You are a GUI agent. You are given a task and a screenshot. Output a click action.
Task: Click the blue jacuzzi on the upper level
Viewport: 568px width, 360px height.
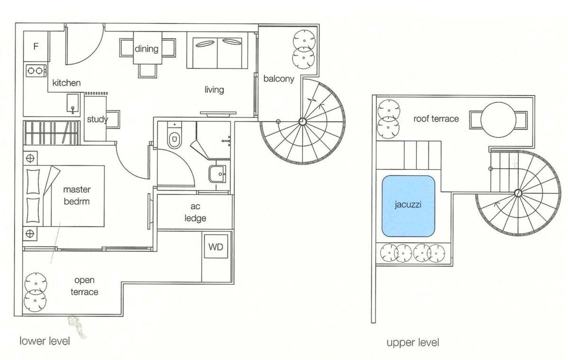(408, 206)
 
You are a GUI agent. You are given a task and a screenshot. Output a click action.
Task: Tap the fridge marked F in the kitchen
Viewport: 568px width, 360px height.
(36, 46)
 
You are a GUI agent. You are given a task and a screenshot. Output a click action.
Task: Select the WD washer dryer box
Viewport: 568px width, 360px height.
(216, 247)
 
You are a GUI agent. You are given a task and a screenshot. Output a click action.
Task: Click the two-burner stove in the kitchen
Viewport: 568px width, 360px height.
(36, 71)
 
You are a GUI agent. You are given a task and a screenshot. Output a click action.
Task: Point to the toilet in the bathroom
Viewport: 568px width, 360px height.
(175, 136)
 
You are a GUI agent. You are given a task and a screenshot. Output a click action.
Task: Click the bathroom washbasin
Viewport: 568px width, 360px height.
(217, 174)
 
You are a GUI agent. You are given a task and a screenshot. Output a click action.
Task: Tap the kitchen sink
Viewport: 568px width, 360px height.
(73, 103)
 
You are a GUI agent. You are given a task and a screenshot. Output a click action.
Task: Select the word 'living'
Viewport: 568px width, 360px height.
(214, 90)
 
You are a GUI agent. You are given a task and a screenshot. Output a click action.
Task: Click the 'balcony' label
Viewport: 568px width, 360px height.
(279, 79)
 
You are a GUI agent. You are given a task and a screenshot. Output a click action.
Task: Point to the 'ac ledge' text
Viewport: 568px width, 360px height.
(195, 212)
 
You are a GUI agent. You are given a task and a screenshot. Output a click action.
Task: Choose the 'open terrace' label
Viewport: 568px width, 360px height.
(84, 286)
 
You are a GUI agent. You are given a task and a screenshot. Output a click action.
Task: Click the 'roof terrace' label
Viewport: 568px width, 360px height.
(436, 119)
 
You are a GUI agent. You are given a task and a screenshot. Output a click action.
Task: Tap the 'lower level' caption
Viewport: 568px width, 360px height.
(44, 341)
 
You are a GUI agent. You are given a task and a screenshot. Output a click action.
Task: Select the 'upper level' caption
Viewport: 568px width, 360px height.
(413, 343)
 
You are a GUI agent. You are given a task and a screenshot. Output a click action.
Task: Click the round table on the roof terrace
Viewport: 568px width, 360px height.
(498, 120)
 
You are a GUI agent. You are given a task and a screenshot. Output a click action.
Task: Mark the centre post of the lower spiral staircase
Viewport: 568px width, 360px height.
(302, 122)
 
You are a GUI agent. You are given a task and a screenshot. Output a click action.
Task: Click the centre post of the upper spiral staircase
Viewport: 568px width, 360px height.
(518, 193)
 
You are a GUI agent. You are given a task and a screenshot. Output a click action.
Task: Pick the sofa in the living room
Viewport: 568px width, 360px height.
(217, 50)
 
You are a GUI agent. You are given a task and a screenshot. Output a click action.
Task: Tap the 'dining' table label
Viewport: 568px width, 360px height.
(147, 48)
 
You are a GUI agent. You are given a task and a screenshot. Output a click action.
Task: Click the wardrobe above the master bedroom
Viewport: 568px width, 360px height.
(52, 133)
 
